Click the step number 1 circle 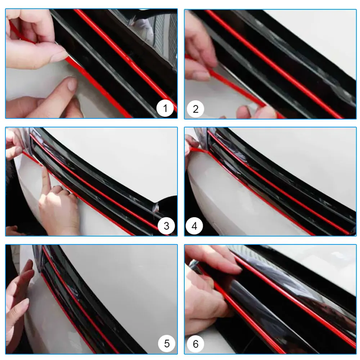[x=165, y=108]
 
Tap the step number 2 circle [x=195, y=108]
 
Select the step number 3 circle [x=166, y=226]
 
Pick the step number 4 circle [x=195, y=226]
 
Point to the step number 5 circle [x=167, y=343]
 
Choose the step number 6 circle [x=195, y=343]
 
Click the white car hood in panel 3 [x=119, y=158]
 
